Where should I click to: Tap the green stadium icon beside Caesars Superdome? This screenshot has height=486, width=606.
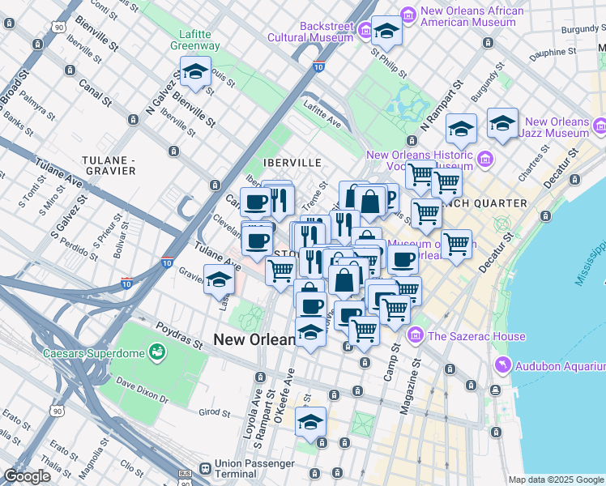coord(156,352)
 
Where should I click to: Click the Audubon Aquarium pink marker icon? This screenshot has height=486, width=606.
coord(504,365)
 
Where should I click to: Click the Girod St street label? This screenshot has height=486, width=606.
coord(216,413)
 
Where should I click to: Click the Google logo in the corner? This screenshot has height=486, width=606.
coord(28,476)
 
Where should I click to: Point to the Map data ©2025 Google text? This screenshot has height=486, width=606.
coord(556,480)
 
